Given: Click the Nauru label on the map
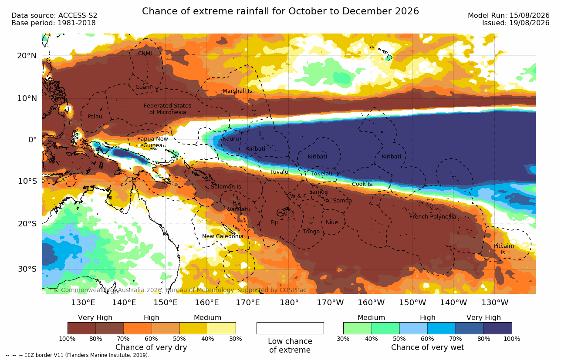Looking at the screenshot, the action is click(x=231, y=139).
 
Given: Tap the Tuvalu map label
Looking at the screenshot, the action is click(x=279, y=172).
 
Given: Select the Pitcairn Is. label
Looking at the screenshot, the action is click(x=504, y=249).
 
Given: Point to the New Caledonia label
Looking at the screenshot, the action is click(x=223, y=236).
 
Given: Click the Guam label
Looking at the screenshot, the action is click(x=143, y=87).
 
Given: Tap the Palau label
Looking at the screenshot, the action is click(x=95, y=116).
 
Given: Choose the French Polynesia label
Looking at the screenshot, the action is click(x=433, y=216).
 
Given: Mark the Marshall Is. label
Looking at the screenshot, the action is click(x=238, y=91).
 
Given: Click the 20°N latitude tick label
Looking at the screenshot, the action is click(x=27, y=56).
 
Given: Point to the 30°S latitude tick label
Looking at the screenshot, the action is click(x=27, y=269).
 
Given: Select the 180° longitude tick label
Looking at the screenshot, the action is click(x=289, y=303).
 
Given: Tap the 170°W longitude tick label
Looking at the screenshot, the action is click(x=330, y=303).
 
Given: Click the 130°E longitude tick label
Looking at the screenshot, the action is click(x=83, y=303).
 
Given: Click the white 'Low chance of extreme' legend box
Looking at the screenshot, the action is click(x=290, y=328).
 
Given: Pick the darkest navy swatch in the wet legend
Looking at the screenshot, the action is click(x=498, y=328).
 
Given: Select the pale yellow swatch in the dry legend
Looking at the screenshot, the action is click(x=222, y=328).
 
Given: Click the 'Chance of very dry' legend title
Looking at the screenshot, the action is click(x=151, y=347).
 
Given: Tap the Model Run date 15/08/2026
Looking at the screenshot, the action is click(x=530, y=16).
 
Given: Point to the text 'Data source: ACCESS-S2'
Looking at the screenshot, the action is click(x=54, y=16).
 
